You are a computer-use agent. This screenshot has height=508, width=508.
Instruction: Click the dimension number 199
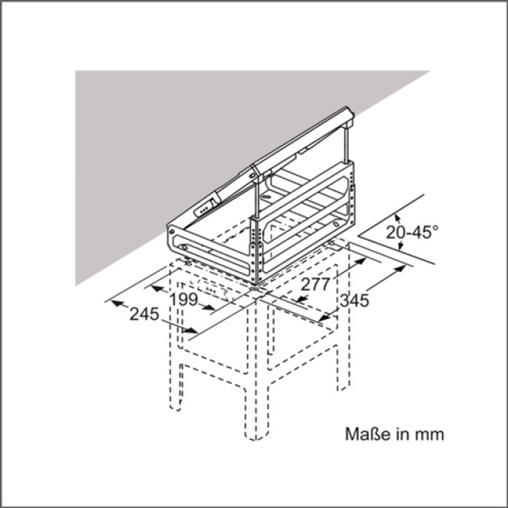(x=183, y=299)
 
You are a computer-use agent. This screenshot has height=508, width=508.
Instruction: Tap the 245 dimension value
(x=144, y=314)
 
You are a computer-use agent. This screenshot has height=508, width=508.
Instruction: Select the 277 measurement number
(x=315, y=284)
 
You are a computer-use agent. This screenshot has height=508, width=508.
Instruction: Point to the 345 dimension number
(x=355, y=300)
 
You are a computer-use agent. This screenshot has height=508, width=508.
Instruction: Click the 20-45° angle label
(x=412, y=232)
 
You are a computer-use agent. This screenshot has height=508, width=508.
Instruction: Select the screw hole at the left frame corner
(x=172, y=231)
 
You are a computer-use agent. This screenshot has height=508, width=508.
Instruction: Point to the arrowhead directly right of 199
(x=208, y=307)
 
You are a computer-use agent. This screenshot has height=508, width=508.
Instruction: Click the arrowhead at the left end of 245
(x=117, y=303)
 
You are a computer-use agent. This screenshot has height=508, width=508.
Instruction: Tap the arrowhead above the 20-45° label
(x=398, y=219)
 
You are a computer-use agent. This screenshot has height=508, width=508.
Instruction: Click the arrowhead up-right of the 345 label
(x=400, y=268)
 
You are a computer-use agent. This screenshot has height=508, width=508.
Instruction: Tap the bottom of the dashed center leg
(x=256, y=437)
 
